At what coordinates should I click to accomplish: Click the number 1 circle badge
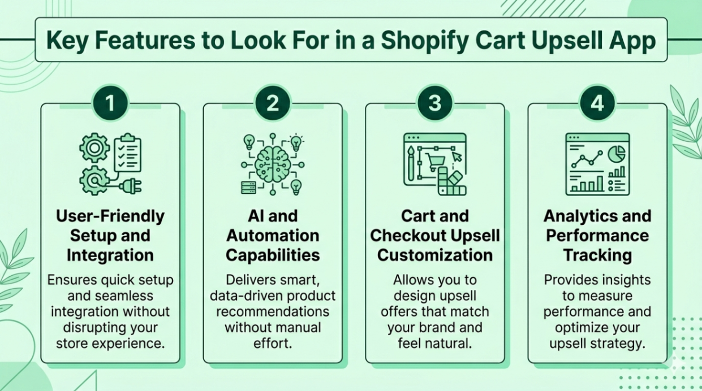pyautogui.click(x=110, y=103)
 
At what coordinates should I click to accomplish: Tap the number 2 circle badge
pyautogui.click(x=272, y=103)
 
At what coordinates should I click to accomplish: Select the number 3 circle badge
pyautogui.click(x=434, y=103)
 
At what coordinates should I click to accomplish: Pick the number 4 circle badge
pyautogui.click(x=597, y=103)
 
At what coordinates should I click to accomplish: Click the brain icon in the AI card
pyautogui.click(x=273, y=164)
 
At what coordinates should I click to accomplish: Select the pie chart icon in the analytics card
pyautogui.click(x=616, y=153)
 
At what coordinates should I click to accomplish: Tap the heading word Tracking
pyautogui.click(x=597, y=255)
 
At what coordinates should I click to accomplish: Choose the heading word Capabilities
pyautogui.click(x=273, y=255)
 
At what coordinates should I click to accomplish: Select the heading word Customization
pyautogui.click(x=435, y=255)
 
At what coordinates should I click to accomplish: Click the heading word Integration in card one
pyautogui.click(x=110, y=255)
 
